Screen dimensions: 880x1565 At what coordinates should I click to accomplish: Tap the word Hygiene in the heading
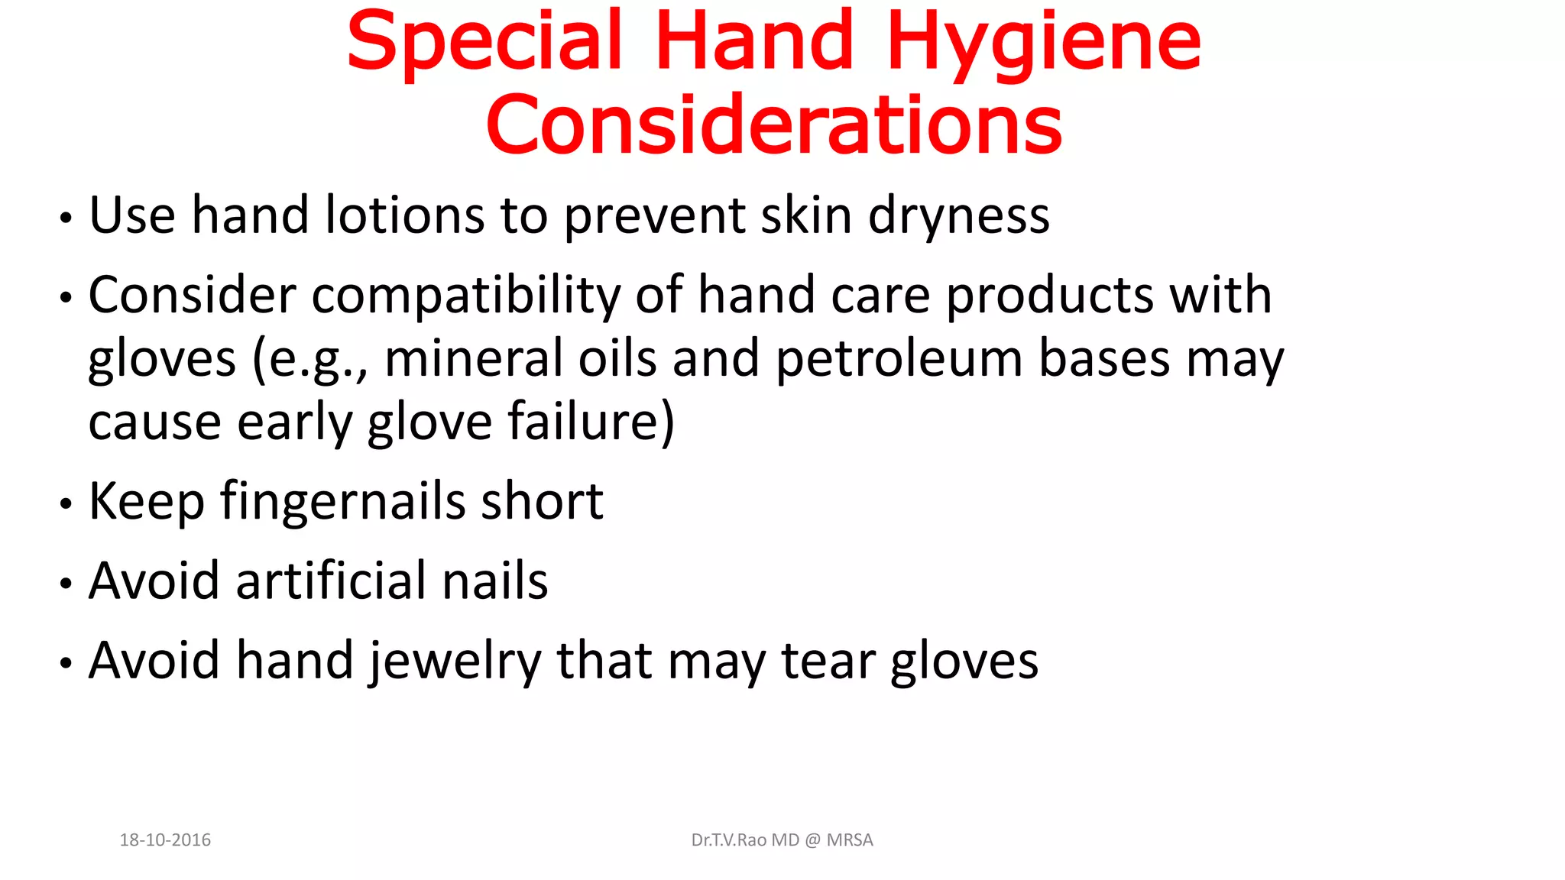1043,44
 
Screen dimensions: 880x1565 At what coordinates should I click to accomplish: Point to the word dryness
958,216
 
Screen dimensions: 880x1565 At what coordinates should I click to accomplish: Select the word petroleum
899,360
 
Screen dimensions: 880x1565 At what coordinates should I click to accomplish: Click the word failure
583,422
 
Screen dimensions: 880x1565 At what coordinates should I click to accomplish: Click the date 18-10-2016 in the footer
165,840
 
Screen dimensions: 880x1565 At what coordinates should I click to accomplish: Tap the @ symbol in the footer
812,840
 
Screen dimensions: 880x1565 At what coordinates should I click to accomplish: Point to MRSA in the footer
850,840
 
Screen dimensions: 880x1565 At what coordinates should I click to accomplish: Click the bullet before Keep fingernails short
66,504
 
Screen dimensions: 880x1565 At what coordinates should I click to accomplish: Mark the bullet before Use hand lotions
66,218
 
